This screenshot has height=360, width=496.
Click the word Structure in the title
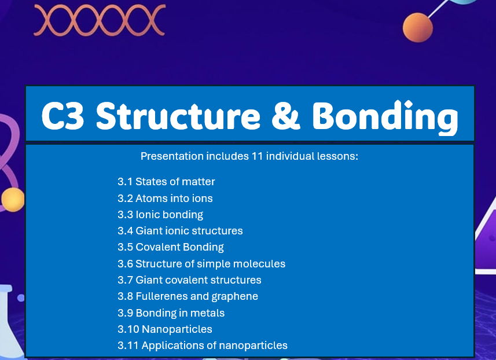[x=178, y=116]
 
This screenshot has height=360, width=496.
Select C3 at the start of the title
[x=63, y=116]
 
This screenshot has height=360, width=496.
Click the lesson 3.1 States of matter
[x=166, y=182]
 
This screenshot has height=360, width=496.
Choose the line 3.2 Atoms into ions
[x=165, y=199]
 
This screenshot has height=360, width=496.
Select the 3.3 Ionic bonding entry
[x=160, y=215]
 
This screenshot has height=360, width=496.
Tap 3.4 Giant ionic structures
[x=180, y=231]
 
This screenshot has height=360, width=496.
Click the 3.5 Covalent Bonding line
[x=171, y=247]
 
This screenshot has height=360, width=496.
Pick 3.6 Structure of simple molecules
[x=201, y=264]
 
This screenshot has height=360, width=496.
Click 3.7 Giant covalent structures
[x=189, y=280]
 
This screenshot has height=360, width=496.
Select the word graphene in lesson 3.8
[x=236, y=296]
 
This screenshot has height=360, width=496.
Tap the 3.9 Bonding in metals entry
[x=171, y=313]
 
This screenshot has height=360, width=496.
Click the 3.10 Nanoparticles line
[x=165, y=329]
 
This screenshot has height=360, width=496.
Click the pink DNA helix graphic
[x=100, y=20]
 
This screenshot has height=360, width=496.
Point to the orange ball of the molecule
[x=418, y=27]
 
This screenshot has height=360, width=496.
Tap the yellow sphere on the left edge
[x=12, y=200]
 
